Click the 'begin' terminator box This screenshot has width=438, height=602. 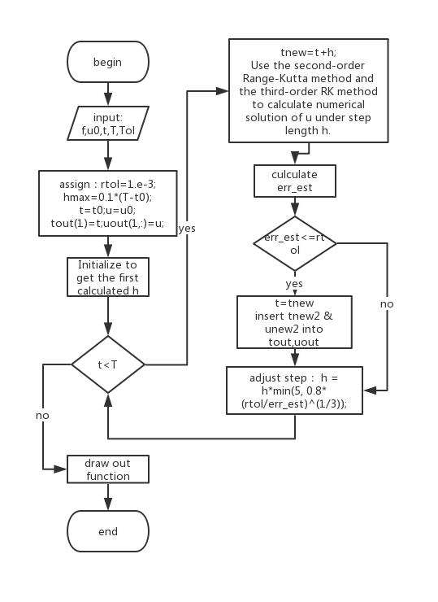tap(107, 62)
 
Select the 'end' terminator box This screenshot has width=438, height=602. tap(107, 531)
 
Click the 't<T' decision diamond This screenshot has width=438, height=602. tap(107, 364)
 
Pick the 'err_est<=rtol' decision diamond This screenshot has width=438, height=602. tap(294, 243)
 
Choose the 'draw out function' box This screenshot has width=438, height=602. tap(107, 469)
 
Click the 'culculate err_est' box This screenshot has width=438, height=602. tap(294, 181)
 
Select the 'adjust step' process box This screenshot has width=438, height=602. tap(294, 391)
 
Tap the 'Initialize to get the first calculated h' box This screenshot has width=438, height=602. tap(107, 277)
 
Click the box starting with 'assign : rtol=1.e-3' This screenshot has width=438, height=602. tap(107, 203)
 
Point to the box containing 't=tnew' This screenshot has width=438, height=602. tap(294, 321)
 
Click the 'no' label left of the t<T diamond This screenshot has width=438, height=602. tap(42, 415)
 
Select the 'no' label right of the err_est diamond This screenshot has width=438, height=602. tap(387, 303)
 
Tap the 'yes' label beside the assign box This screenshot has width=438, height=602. tap(187, 229)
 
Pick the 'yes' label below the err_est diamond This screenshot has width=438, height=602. tap(294, 284)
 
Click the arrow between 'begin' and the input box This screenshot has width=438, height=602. tap(107, 94)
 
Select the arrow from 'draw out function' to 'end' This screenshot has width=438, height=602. tap(107, 499)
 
